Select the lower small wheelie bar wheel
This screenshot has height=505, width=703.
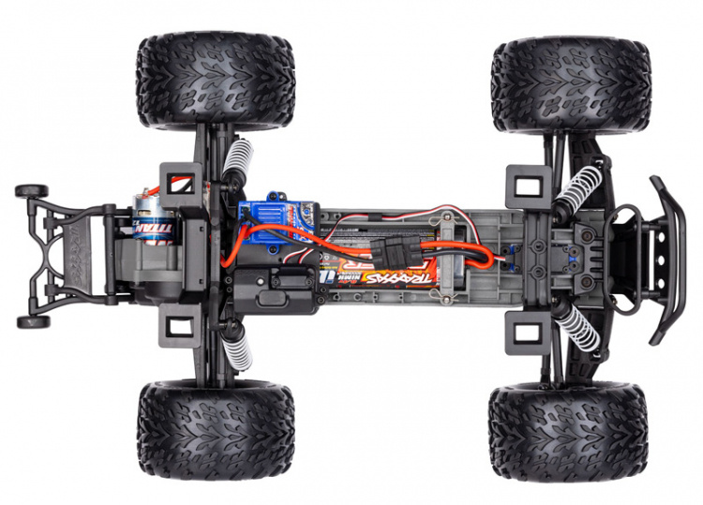pos(32,321)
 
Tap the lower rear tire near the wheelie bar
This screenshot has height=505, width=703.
pos(216,430)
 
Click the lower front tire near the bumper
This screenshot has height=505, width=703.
pos(567,430)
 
